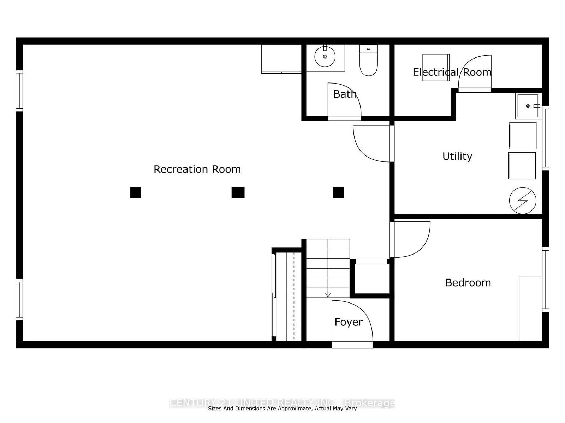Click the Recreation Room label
click(197, 170)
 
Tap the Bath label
click(345, 94)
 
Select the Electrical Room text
click(452, 72)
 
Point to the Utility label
click(457, 157)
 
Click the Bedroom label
click(468, 283)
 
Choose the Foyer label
click(349, 322)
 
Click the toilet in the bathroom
click(368, 60)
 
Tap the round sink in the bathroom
click(325, 56)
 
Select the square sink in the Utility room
click(528, 106)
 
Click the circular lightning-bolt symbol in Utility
click(523, 200)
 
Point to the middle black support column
click(238, 192)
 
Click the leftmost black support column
click(135, 192)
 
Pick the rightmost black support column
click(338, 192)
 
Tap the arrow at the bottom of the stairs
click(328, 295)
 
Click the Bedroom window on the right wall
click(546, 280)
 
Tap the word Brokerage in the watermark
click(370, 403)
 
